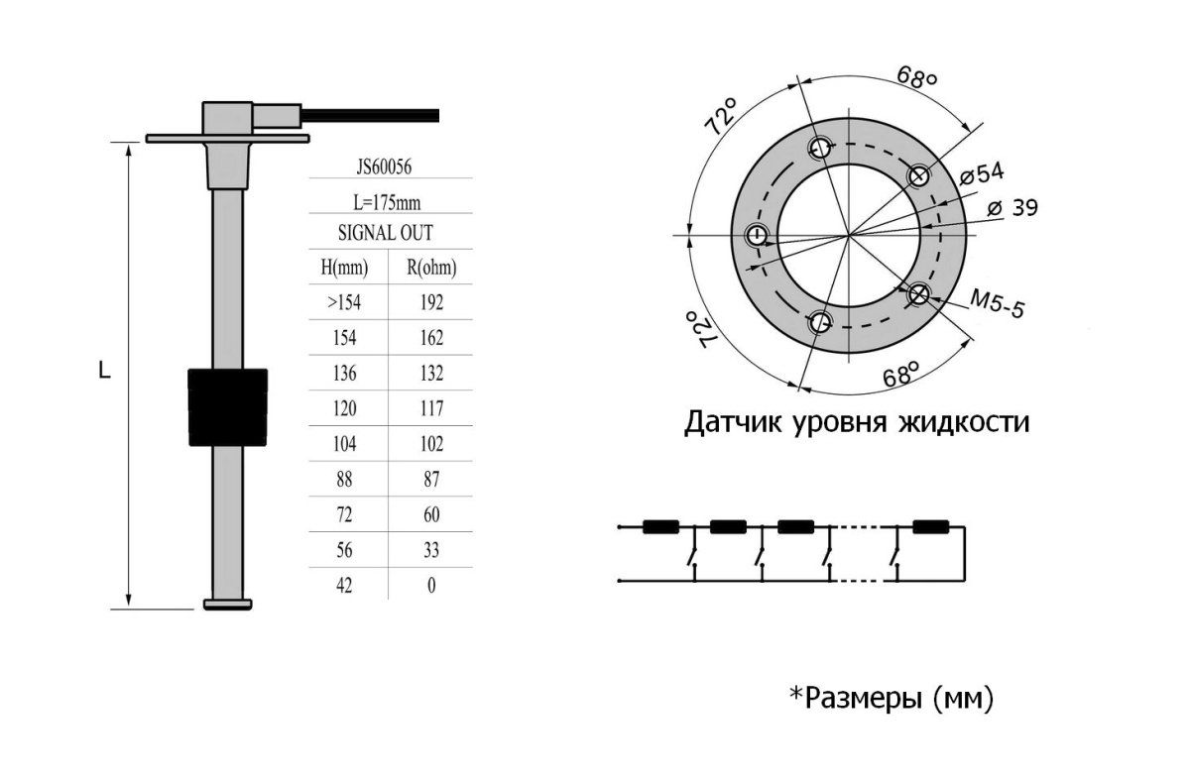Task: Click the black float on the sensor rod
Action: coord(228,407)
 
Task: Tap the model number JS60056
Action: coord(384,167)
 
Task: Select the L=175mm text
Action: coord(387,203)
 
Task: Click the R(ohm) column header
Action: coord(431,268)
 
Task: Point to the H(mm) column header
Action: coord(344,268)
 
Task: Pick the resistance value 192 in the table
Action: coord(431,302)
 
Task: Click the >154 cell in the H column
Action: coord(344,302)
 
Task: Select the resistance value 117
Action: coord(431,408)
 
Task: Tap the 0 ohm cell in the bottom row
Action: coord(431,585)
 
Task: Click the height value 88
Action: coord(344,480)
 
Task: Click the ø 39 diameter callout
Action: coord(1012,207)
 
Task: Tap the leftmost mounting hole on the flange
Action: coord(757,235)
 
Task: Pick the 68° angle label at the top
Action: coord(917,77)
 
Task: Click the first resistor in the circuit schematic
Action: coord(660,527)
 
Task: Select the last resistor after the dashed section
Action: coord(931,527)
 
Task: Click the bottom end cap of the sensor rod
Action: coord(228,605)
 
